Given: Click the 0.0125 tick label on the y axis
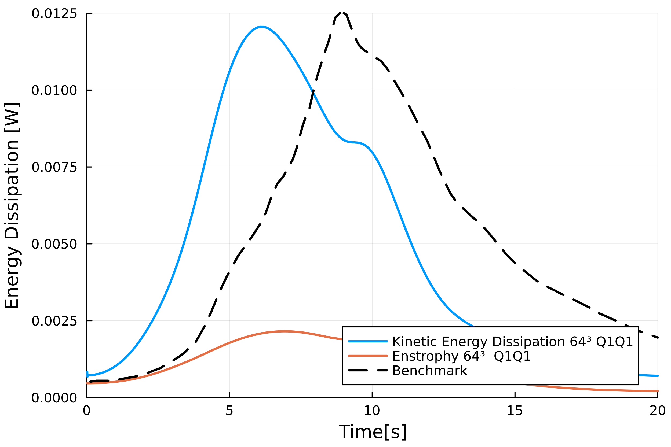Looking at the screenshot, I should coord(54,14).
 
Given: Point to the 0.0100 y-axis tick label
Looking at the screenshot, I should coord(54,90).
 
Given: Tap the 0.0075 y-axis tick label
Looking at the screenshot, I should coord(54,167).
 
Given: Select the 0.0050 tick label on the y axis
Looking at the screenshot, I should coord(54,244).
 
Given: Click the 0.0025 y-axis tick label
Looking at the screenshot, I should coord(54,321).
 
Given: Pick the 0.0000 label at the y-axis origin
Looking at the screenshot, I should coord(54,398).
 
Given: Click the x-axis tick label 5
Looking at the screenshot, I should coord(229,411).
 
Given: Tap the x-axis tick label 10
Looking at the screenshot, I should coord(372,411).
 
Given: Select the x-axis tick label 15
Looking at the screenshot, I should coord(515,411).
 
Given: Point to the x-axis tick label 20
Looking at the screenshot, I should coord(658,411).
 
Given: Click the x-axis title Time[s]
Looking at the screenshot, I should coord(372,432).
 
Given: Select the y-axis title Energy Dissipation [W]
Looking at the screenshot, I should coord(12,205).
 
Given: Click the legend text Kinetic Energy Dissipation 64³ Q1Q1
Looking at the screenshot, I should coord(513,342).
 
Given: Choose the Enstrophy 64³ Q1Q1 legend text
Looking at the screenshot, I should coord(461,356).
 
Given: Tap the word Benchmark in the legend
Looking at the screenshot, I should coord(430,371).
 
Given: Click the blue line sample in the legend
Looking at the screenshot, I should coord(368,342).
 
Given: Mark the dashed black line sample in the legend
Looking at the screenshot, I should coord(368,371).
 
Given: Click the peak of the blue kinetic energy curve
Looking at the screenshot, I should coord(262,27).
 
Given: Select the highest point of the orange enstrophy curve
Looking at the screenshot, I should coord(285,331).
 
